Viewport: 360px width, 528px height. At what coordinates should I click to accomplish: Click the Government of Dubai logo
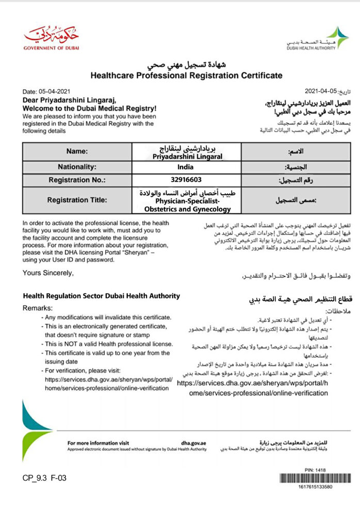[x=52, y=38]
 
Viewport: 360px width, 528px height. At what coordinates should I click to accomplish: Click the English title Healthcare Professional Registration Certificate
[x=186, y=75]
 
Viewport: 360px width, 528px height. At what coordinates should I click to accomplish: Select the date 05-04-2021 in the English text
[x=50, y=91]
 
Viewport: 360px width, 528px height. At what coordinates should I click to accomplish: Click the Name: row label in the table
[x=77, y=152]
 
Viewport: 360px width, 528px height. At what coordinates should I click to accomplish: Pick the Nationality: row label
[x=77, y=167]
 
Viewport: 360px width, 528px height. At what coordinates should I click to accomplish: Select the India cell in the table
[x=186, y=167]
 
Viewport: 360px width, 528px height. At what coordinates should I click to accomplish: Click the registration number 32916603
[x=186, y=180]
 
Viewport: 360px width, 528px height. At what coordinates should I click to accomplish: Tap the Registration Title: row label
[x=77, y=200]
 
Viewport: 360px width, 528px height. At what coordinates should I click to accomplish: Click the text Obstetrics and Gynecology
[x=186, y=209]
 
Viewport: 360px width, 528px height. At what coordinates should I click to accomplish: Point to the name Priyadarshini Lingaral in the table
[x=186, y=155]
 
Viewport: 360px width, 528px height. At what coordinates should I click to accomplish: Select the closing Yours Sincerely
[x=48, y=273]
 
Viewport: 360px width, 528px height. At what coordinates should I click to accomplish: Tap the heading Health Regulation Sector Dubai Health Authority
[x=102, y=296]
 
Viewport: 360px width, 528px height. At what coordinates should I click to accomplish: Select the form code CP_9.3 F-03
[x=44, y=478]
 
